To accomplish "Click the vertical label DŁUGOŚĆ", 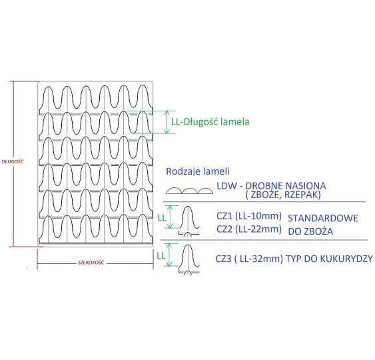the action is click(x=13, y=161).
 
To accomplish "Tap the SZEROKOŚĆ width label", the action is click(x=91, y=263).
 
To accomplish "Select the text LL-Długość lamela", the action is click(x=210, y=121).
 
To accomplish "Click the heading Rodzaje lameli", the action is click(x=198, y=171).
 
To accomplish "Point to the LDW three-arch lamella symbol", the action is click(x=190, y=191).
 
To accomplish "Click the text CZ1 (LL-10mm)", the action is click(x=249, y=216).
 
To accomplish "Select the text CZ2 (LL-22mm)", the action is click(x=249, y=229).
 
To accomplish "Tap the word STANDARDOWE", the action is click(x=323, y=218).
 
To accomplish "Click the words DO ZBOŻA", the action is click(x=310, y=231).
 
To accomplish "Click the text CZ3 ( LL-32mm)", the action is click(x=249, y=259).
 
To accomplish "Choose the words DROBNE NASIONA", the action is click(x=286, y=186).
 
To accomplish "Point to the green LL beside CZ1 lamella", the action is click(x=162, y=218).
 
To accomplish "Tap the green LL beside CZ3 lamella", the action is click(x=161, y=256).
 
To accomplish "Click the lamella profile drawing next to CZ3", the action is click(x=189, y=259).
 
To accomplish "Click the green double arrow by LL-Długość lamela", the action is click(x=167, y=122).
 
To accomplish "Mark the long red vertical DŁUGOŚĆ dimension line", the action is click(x=13, y=164).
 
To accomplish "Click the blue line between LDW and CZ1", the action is click(x=264, y=202).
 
